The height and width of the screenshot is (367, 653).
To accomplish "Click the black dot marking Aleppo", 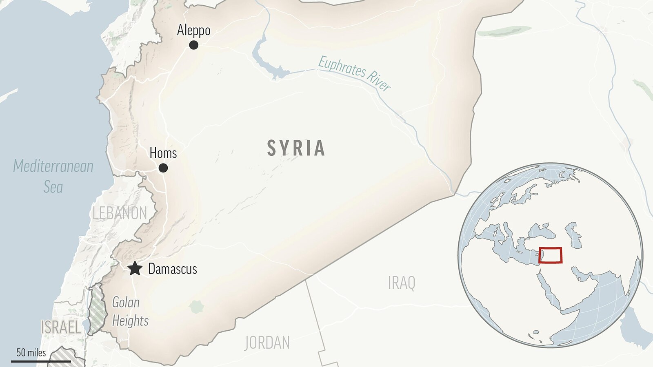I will pyautogui.click(x=194, y=45).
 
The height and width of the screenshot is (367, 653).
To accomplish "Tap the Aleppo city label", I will pyautogui.click(x=194, y=30).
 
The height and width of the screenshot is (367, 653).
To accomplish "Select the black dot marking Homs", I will pyautogui.click(x=163, y=168).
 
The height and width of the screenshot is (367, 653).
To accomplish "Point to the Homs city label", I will pyautogui.click(x=163, y=153).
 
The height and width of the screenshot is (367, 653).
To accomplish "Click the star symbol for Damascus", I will pyautogui.click(x=135, y=269).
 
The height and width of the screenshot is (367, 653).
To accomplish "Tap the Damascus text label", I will pyautogui.click(x=173, y=269).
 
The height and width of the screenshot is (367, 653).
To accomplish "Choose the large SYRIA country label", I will pyautogui.click(x=296, y=148).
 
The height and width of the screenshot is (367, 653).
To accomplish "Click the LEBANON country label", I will pyautogui.click(x=120, y=213).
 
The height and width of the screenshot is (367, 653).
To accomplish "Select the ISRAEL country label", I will pyautogui.click(x=61, y=327).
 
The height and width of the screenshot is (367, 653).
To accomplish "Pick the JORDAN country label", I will pyautogui.click(x=267, y=343).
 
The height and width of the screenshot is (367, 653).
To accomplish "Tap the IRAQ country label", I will pyautogui.click(x=402, y=283).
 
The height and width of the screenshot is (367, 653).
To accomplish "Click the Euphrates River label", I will pyautogui.click(x=354, y=73).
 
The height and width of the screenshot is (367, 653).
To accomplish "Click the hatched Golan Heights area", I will pyautogui.click(x=97, y=310).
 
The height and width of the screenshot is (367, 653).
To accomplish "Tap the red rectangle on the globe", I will pyautogui.click(x=551, y=255).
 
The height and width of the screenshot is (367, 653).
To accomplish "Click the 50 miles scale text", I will pyautogui.click(x=31, y=352).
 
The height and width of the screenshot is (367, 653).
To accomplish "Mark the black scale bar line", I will pyautogui.click(x=41, y=361).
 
